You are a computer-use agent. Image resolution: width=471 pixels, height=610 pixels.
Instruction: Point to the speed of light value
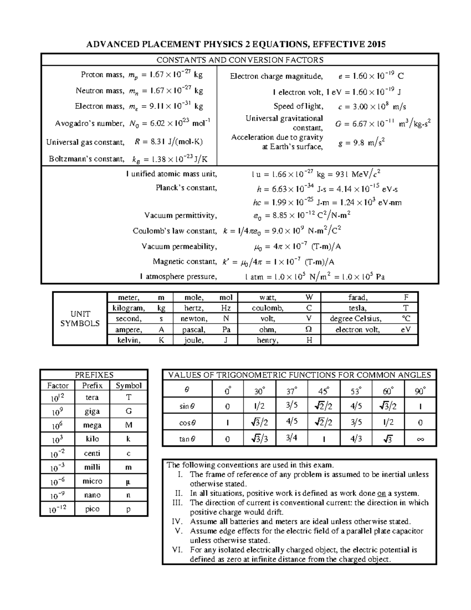[x=372, y=106]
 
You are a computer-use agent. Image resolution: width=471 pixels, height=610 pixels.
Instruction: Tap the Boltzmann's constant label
[x=86, y=159]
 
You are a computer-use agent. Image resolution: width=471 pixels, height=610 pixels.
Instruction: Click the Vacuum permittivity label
[x=180, y=215]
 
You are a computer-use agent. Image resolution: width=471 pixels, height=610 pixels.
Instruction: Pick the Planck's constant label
[x=186, y=188]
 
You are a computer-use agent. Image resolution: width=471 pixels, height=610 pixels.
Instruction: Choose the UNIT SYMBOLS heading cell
[x=80, y=319]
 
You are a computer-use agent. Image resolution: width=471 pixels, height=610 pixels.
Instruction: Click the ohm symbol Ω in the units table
[x=309, y=330]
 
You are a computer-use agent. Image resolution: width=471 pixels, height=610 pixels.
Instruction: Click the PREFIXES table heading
[x=94, y=375]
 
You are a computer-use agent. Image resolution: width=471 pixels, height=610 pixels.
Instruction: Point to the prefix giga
[x=92, y=411]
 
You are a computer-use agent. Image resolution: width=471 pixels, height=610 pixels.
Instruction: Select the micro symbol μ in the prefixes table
[x=128, y=481]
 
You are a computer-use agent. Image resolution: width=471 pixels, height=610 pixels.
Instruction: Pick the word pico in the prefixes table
[x=92, y=509]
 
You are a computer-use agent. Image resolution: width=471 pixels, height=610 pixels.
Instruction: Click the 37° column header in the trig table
[x=292, y=391]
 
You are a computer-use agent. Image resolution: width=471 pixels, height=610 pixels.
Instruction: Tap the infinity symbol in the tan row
[x=420, y=439]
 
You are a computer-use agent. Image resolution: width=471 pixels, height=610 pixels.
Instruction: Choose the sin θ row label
[x=187, y=406]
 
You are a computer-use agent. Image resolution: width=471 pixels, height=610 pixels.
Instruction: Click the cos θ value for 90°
[x=420, y=423]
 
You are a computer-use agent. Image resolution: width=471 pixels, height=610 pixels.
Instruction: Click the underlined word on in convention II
[x=381, y=493]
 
